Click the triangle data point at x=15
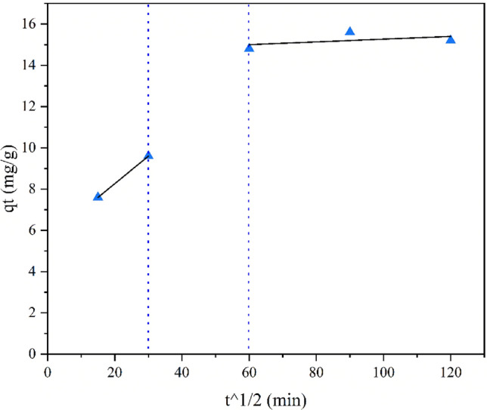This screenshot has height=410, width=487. (98, 196)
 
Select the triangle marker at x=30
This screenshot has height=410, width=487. (148, 156)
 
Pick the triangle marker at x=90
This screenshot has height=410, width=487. (349, 32)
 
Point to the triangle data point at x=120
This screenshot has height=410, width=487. (451, 39)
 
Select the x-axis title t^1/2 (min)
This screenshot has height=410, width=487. (265, 396)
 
